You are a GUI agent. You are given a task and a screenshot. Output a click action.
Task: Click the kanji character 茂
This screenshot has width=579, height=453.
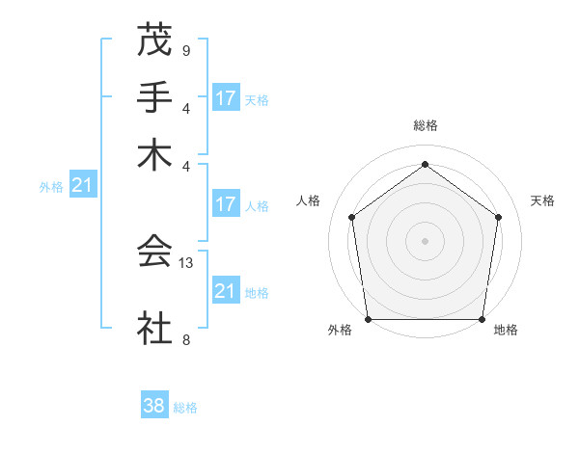[153, 40]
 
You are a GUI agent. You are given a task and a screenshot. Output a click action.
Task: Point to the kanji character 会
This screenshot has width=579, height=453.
[153, 252]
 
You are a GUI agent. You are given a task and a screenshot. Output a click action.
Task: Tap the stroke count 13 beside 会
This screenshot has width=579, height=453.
[187, 261]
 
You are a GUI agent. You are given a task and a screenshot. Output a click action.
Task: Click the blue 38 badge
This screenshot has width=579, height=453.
[153, 406]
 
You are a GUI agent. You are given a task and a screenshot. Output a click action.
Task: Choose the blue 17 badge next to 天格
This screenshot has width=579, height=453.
[226, 98]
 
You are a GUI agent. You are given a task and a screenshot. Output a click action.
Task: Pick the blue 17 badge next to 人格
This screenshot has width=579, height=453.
[226, 204]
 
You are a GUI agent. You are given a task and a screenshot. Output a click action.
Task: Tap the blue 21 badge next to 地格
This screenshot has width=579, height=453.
[226, 291]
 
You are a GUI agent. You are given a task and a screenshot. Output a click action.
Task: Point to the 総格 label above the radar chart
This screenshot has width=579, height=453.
[425, 125]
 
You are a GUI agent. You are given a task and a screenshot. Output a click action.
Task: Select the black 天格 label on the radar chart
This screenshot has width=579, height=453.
[542, 200]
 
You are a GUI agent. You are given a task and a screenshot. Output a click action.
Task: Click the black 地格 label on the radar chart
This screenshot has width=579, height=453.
[506, 331]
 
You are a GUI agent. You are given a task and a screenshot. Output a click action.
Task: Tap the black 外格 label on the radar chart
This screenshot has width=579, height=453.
[340, 331]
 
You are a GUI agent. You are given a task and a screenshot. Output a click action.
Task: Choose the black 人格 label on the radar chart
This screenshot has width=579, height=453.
[309, 200]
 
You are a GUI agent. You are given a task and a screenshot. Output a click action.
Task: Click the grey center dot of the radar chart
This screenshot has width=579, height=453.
[425, 240]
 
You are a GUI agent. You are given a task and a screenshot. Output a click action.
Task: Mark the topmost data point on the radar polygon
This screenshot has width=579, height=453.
[425, 165]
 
